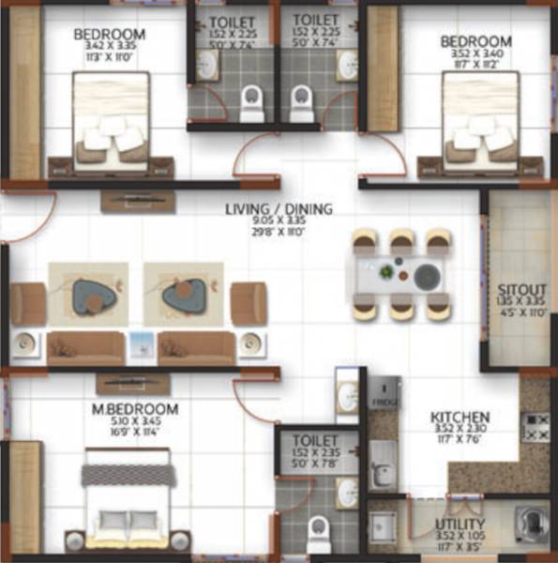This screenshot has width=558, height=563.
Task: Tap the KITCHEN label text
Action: coord(460,417)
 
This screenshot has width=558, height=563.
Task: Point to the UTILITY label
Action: coord(460,524)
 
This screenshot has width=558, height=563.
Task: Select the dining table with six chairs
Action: coord(400,275)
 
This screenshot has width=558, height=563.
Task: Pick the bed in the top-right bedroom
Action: coord(480,121)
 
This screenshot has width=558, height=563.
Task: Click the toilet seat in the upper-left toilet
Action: coord(251,103)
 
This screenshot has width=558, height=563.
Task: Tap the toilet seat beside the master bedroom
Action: coord(319,532)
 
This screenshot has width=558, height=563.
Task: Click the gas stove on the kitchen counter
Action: coord(535,428)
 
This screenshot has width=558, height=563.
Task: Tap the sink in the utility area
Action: coord(384,525)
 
